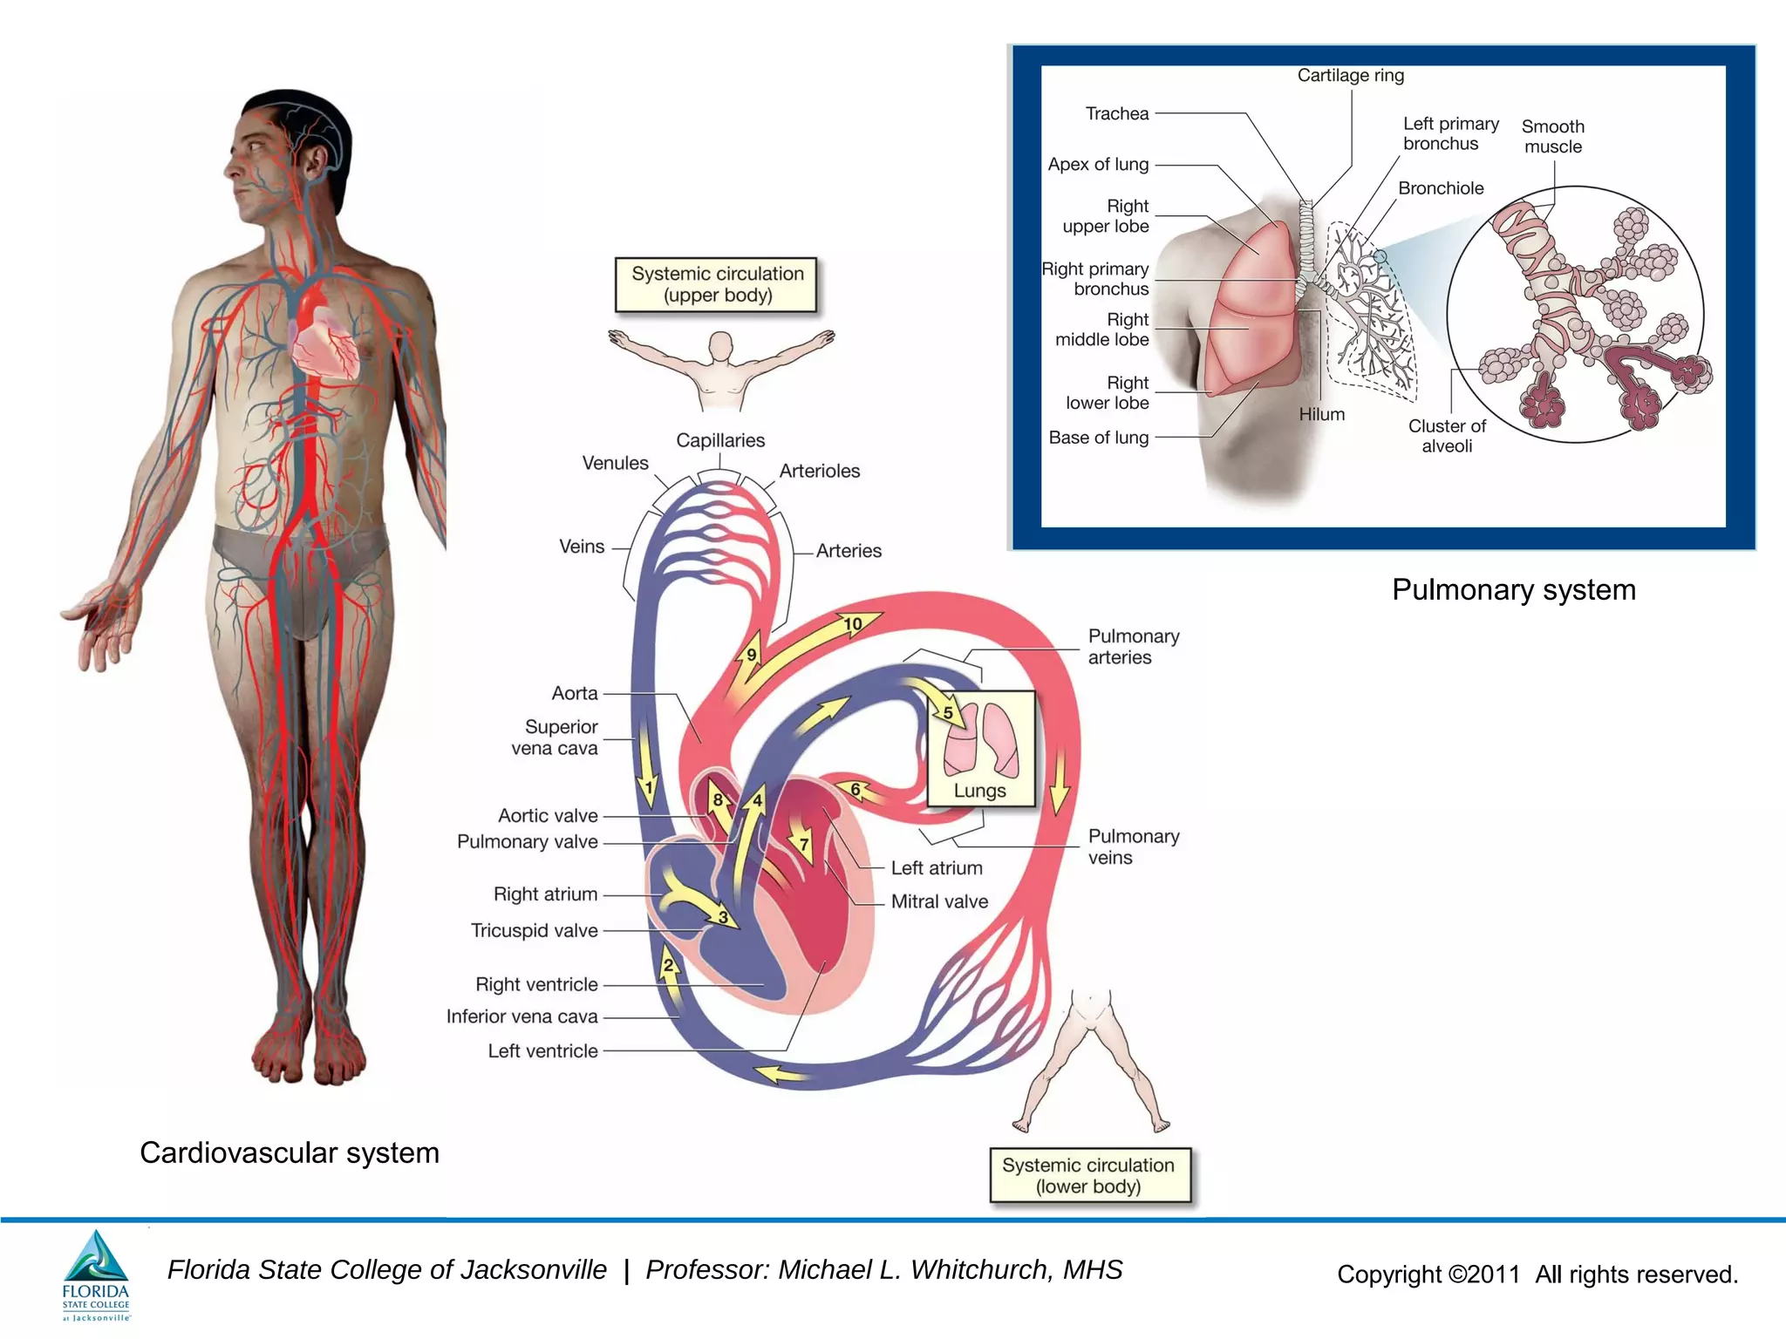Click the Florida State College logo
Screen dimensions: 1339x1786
tap(96, 1274)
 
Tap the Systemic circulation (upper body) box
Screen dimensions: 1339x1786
tap(717, 284)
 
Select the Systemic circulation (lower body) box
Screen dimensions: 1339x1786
tap(1088, 1176)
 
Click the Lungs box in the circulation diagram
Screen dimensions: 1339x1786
tap(980, 748)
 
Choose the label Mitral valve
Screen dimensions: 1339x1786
tap(939, 901)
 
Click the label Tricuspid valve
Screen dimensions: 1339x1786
tap(535, 930)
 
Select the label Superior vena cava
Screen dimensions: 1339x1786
tap(558, 737)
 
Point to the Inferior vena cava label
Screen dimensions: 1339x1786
tap(521, 1016)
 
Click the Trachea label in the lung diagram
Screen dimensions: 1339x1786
tap(1117, 113)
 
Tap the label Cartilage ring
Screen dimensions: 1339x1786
tap(1351, 75)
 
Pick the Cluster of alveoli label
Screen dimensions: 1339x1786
tap(1447, 436)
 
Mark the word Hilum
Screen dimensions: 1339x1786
tap(1322, 414)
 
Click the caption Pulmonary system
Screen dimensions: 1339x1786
tap(1514, 590)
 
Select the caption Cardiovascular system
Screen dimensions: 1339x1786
tap(290, 1152)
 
